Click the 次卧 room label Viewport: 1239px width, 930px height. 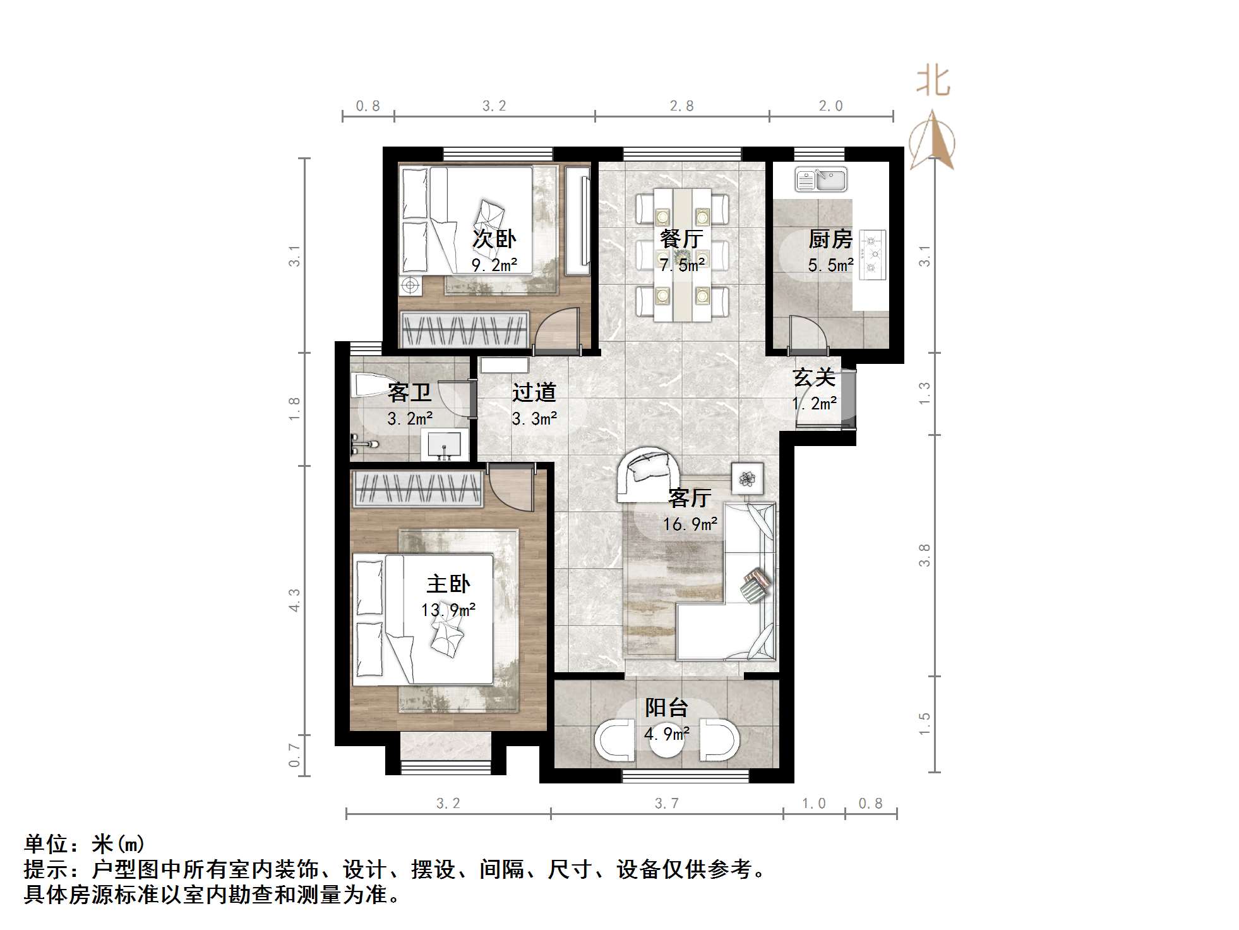coord(494,239)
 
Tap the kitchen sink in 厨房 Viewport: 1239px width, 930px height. coord(820,179)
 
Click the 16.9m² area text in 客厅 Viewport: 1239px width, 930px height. coord(690,524)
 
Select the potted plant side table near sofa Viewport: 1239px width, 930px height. coord(748,479)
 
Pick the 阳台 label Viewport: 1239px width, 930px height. coord(666,708)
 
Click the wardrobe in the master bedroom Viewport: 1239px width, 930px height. coord(417,489)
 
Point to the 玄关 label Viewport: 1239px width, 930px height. coord(814,378)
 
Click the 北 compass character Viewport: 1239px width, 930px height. coord(933,82)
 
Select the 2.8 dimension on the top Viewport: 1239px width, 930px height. coord(681,106)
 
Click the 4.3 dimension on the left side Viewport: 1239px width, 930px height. coord(294,600)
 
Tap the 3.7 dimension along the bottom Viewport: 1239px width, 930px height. coord(666,803)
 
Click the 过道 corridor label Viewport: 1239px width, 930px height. coord(534,392)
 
